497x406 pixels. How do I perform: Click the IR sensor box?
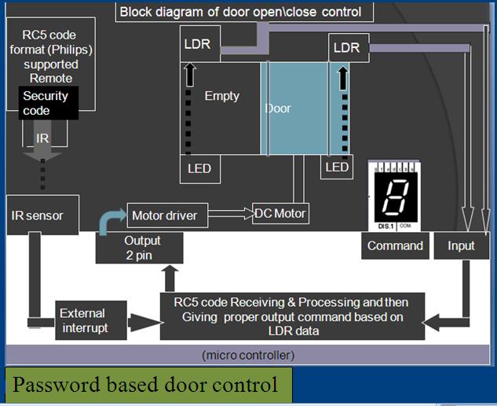(42, 215)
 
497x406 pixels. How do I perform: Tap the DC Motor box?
(280, 212)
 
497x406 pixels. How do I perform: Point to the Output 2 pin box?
(139, 246)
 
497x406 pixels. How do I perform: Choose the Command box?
(395, 245)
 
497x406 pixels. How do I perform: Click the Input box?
(461, 245)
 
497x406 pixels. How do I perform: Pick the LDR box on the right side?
(346, 48)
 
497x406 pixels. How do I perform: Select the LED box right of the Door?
(337, 167)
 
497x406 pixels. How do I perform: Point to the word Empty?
(221, 96)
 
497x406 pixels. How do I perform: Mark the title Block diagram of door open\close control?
(240, 12)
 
